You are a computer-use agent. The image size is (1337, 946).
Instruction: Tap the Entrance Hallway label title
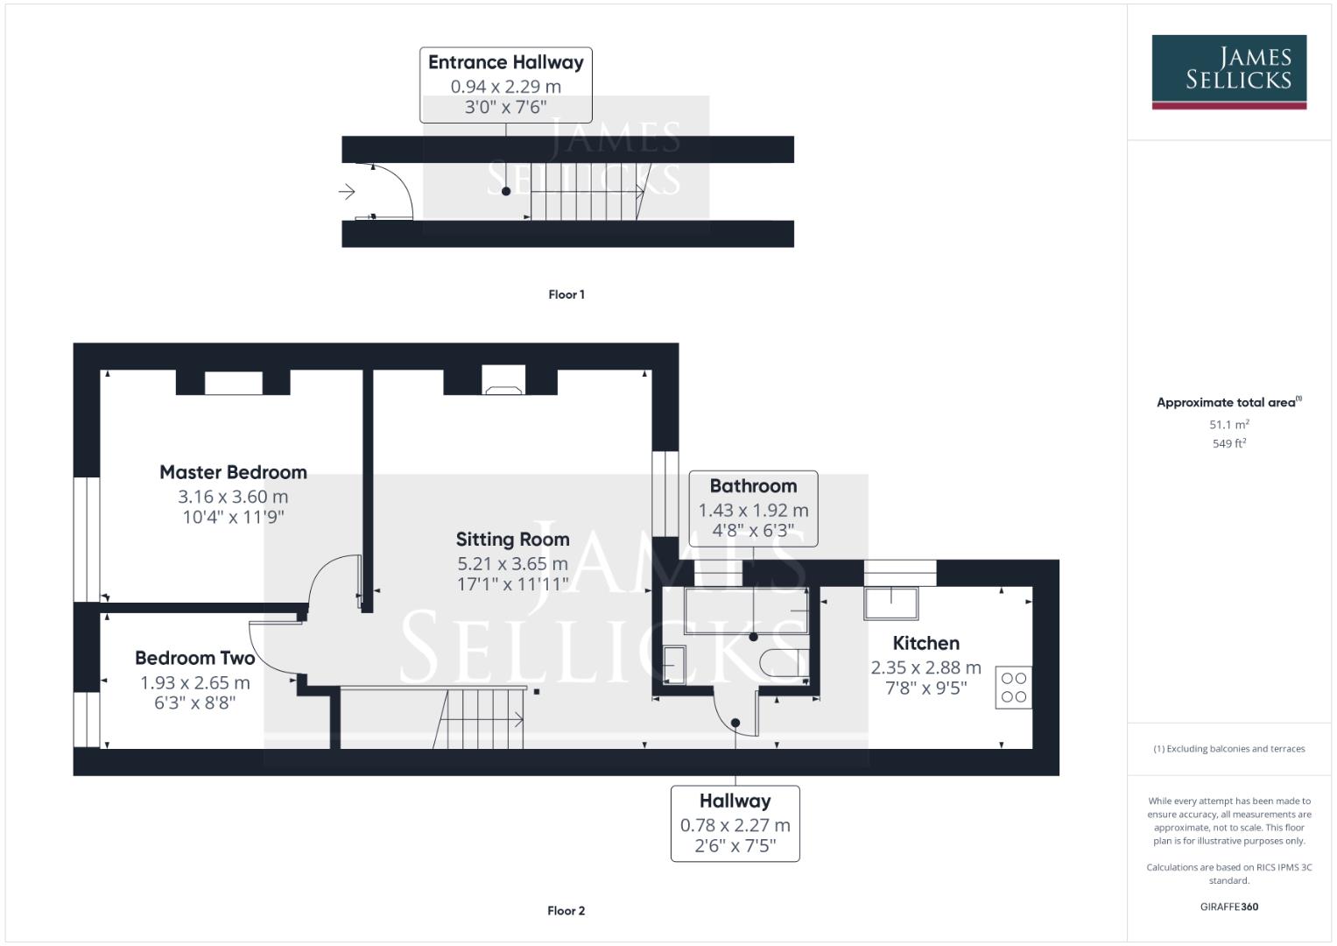point(505,62)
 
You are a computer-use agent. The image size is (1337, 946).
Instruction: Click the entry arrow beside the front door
point(347,192)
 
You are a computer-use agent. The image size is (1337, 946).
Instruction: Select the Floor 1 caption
point(566,294)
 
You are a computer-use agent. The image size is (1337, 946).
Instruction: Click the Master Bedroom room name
point(233,472)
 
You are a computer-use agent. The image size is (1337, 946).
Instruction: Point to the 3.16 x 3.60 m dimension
point(233,497)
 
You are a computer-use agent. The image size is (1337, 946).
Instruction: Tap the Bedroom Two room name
point(194,658)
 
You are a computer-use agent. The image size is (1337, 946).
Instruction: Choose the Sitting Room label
point(512,540)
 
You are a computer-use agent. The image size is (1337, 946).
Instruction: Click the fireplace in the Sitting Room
point(503,381)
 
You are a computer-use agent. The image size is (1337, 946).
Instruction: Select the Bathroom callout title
point(753,486)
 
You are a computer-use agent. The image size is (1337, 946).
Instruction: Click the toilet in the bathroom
point(782,663)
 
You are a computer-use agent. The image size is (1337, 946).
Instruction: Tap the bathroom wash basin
point(674,664)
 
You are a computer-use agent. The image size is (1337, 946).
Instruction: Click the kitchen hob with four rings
point(1013,688)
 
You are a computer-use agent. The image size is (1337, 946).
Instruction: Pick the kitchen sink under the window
point(890,604)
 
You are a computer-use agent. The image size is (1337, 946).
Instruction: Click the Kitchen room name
point(925,643)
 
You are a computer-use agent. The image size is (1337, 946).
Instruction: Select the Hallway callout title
point(735,801)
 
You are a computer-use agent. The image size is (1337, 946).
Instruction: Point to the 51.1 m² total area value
point(1228,425)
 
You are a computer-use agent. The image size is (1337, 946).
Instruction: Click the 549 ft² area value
point(1228,444)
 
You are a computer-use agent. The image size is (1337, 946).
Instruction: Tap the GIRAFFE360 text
point(1228,907)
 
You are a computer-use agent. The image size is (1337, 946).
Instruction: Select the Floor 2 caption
point(566,911)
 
